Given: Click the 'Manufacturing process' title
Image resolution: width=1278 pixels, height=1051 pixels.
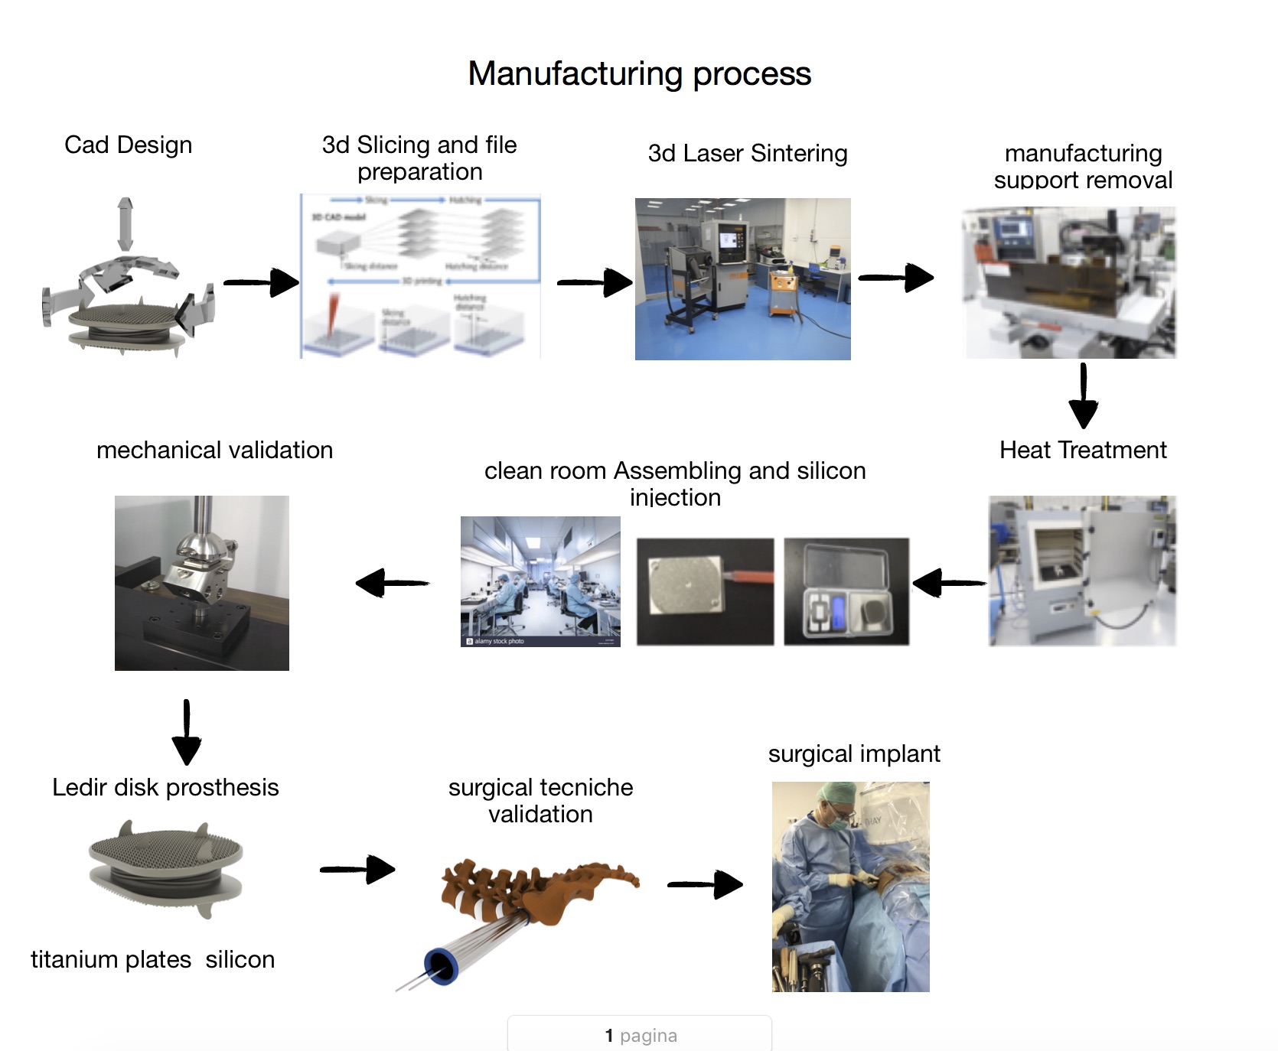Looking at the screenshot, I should (x=639, y=74).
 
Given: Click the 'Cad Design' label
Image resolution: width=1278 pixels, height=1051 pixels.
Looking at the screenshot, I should (x=128, y=145).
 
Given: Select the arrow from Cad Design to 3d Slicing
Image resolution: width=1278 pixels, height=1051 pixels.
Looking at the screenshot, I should (x=261, y=282).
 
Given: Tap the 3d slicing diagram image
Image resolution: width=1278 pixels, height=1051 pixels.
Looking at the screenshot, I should (x=420, y=276).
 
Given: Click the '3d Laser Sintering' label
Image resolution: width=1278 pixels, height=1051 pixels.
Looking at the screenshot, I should (x=747, y=153).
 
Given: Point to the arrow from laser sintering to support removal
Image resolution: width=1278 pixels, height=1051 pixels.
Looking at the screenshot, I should (x=895, y=277).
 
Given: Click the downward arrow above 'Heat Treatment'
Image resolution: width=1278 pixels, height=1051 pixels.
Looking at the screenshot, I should (x=1083, y=395).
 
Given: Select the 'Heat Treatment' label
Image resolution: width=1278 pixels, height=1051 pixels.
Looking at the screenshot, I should (x=1083, y=450).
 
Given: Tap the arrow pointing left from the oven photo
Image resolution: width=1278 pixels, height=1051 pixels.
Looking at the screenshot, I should (x=949, y=583).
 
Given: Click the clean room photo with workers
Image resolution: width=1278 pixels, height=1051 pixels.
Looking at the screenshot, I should (x=540, y=581).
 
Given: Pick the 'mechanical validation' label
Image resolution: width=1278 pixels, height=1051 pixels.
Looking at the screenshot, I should (x=214, y=450).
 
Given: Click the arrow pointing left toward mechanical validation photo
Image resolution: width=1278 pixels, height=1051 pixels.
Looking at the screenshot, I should (x=393, y=583).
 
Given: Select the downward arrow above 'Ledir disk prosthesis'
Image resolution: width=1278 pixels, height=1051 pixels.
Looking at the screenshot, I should (x=187, y=732).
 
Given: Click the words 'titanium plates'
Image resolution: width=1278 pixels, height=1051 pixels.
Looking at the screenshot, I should (x=111, y=959).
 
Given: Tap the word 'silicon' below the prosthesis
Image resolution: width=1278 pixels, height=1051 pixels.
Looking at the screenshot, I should (x=240, y=959).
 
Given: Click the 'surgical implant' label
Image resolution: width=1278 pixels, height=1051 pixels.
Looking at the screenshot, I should (x=854, y=753).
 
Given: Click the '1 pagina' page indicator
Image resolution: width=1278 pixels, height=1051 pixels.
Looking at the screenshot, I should (x=640, y=1035).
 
